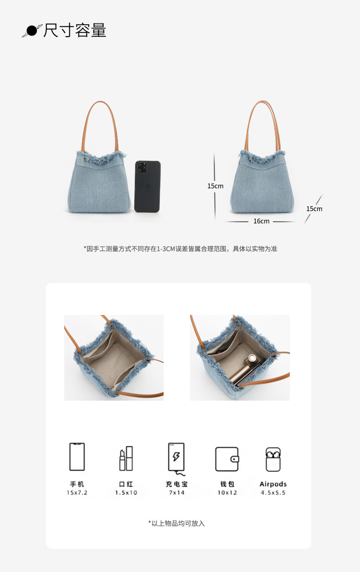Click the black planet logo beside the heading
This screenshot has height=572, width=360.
coord(31,31)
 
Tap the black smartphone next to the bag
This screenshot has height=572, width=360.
coord(148,186)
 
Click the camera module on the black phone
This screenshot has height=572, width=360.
coord(142,166)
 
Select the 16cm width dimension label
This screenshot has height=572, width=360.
coord(261,221)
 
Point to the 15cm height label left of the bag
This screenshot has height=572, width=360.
coord(215,186)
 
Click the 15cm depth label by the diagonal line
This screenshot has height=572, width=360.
coord(314,209)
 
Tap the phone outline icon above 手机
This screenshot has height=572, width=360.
coord(77,457)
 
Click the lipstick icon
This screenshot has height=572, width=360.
coord(126,459)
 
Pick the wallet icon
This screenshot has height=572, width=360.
coord(227,459)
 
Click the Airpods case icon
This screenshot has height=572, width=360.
coord(273,459)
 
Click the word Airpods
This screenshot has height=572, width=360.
coord(273,484)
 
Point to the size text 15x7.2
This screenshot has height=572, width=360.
coord(77,493)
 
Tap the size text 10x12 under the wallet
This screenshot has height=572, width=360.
coord(227,493)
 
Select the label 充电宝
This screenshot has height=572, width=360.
coord(177,484)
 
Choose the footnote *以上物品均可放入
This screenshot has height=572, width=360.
coord(176,524)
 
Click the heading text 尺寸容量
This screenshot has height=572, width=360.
coord(75,31)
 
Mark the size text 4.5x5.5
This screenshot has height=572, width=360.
coord(273,493)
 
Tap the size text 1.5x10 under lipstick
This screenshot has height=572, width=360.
coord(126,493)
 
